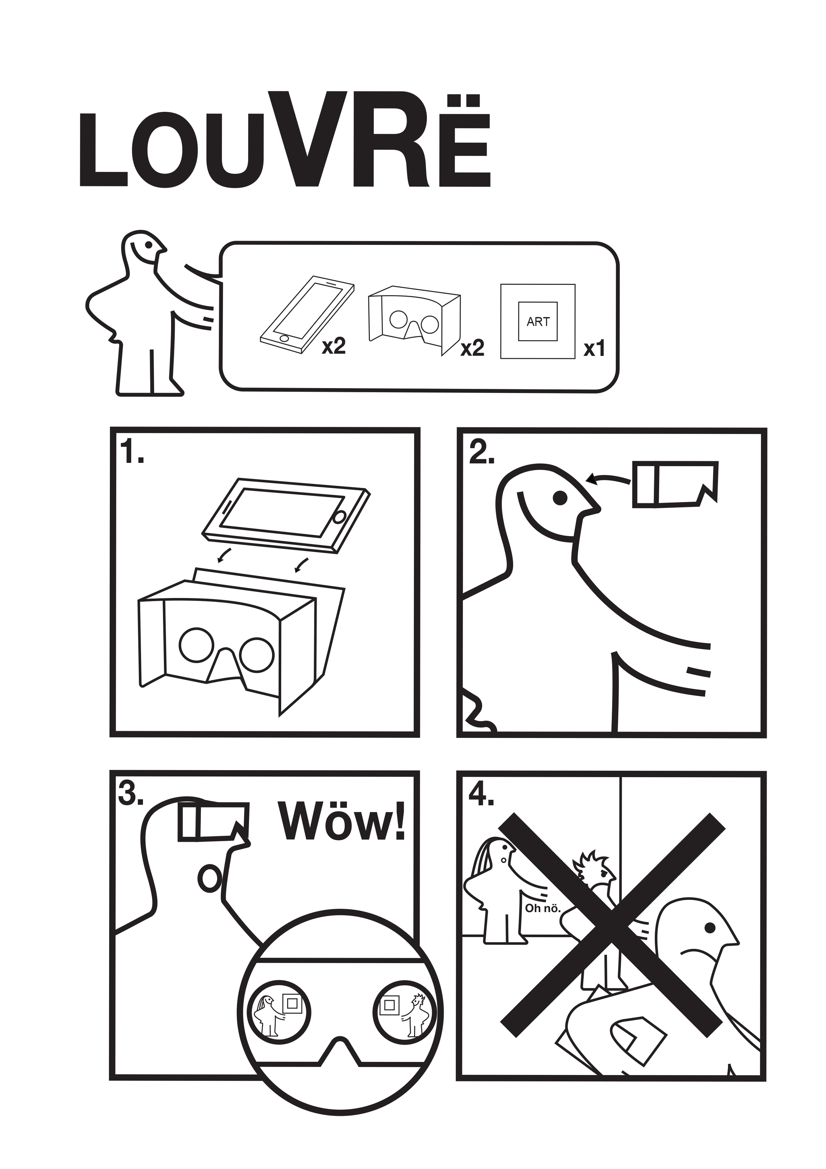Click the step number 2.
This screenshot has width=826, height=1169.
pos(481,452)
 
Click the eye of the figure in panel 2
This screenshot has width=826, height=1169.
pos(560,498)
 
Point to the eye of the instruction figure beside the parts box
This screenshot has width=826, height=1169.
pos(148,244)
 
